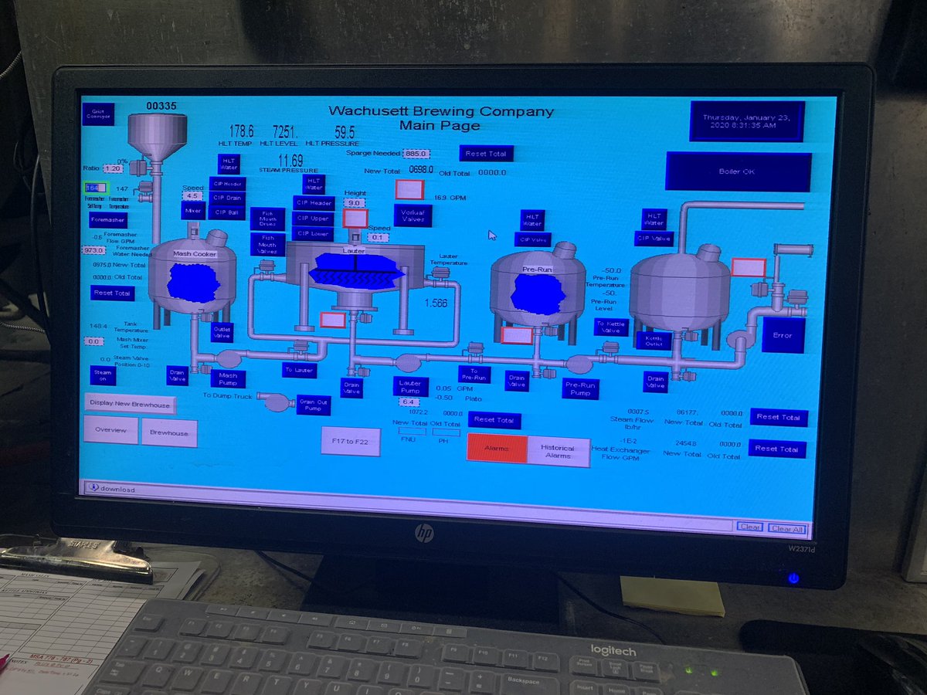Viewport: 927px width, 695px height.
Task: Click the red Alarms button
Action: pyautogui.click(x=497, y=449)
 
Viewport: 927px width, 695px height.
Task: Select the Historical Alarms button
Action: pyautogui.click(x=558, y=452)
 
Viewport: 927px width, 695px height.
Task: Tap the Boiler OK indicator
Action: pyautogui.click(x=737, y=171)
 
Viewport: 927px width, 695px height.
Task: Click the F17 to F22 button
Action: pyautogui.click(x=351, y=441)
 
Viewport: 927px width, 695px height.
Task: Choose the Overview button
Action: pyautogui.click(x=110, y=430)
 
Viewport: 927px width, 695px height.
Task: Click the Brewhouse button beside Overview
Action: pyautogui.click(x=168, y=433)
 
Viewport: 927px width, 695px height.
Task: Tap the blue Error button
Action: pyautogui.click(x=783, y=335)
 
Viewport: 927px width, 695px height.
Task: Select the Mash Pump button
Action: pyautogui.click(x=228, y=378)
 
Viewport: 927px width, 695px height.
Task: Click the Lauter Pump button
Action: pyautogui.click(x=409, y=385)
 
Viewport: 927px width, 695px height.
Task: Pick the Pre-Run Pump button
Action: pyautogui.click(x=581, y=388)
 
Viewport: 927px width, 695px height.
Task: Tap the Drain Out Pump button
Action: pyautogui.click(x=314, y=404)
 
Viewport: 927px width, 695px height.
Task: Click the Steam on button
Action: pyautogui.click(x=102, y=375)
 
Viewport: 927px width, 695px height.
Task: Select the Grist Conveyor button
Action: pyautogui.click(x=97, y=114)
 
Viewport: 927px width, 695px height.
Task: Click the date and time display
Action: pyautogui.click(x=746, y=121)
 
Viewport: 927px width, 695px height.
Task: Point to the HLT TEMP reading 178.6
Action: pyautogui.click(x=241, y=132)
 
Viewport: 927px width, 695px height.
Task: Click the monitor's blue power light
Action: pyautogui.click(x=793, y=578)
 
